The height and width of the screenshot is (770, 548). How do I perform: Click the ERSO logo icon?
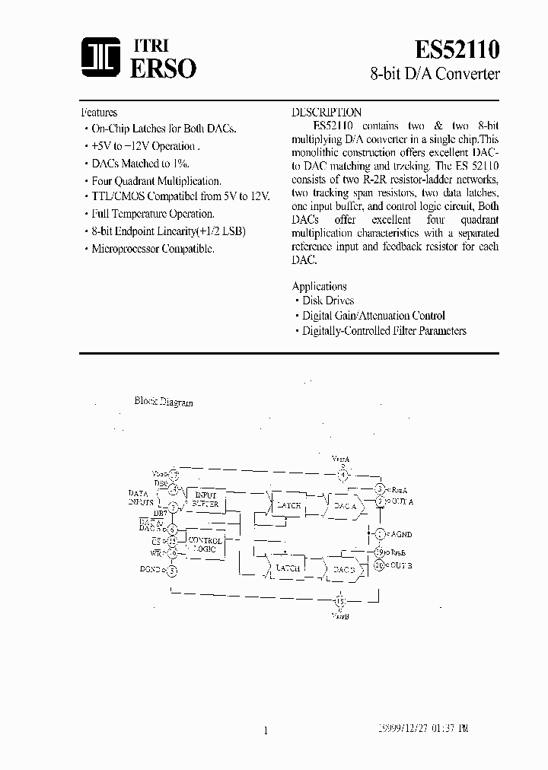coord(98,59)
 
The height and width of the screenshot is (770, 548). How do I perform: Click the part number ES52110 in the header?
coord(457,49)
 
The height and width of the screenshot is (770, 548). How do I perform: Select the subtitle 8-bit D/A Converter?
coord(435,75)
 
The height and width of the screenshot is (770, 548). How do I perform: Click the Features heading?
coord(99,113)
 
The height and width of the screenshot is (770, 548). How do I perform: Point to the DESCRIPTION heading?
coord(327,113)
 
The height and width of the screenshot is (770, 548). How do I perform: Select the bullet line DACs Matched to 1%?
coord(140,163)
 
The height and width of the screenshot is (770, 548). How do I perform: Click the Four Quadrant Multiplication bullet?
coord(156,181)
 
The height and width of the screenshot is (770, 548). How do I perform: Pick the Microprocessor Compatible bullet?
coord(153,248)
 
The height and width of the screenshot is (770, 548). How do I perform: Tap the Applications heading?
coord(320,286)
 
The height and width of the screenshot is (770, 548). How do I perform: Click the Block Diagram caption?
coord(164,402)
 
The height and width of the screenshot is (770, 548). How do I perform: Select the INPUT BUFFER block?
coord(205,499)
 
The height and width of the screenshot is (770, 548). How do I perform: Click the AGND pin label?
coord(400,535)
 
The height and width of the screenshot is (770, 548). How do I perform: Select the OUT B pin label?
coord(400,565)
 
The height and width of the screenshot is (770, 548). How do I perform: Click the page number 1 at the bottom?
coord(266,730)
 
